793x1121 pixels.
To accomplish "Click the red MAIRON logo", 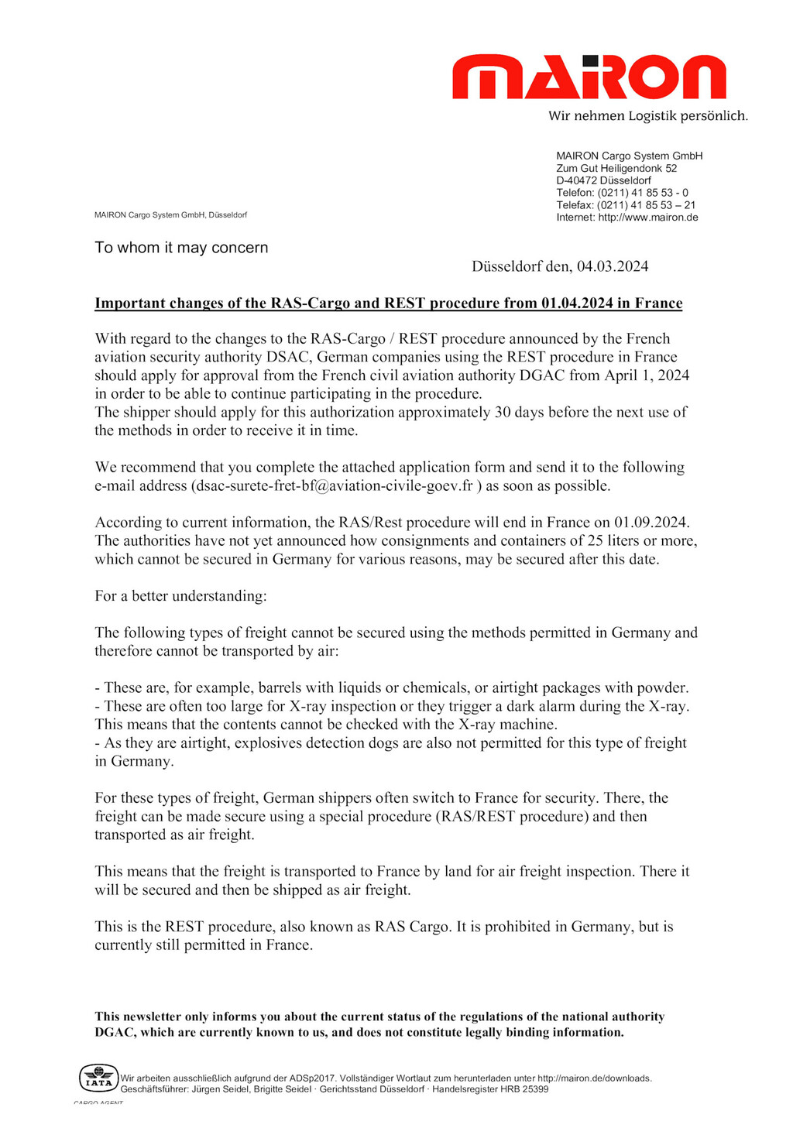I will pos(589,77).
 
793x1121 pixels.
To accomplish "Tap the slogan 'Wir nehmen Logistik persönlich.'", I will pos(648,116).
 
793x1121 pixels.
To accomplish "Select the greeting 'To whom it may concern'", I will pos(181,248).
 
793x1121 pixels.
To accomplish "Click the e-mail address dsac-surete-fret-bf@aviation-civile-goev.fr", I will pos(334,486).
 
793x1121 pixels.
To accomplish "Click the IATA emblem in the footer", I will pos(98,1078).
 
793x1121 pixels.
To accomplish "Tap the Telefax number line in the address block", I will pos(626,205).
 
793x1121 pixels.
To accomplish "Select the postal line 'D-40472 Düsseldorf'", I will pos(603,180).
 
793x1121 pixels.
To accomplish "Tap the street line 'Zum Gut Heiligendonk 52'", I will pos(616,168).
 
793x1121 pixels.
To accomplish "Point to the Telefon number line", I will pos(622,193).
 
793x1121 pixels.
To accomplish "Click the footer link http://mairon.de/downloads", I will pos(594,1078).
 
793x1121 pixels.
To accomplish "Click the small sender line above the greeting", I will pos(170,215).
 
